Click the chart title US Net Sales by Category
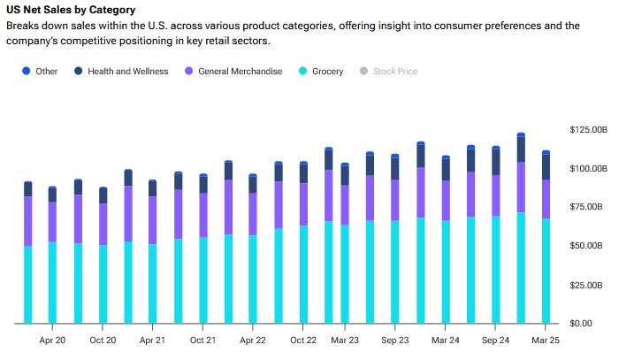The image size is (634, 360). [70, 10]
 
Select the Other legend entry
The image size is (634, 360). [46, 71]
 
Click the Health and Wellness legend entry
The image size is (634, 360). [134, 71]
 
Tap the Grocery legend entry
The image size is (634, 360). [327, 71]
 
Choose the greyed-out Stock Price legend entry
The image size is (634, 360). [394, 71]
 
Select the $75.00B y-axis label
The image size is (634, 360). [590, 207]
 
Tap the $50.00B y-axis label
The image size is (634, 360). [590, 245]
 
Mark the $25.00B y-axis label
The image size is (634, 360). [590, 285]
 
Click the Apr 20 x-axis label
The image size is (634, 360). [52, 340]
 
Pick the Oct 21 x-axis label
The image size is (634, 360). [202, 340]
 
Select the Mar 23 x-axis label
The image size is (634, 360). [345, 340]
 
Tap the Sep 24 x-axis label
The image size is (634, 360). [495, 340]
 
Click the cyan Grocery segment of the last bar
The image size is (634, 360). [546, 271]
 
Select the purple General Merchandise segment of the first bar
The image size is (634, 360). [28, 221]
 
